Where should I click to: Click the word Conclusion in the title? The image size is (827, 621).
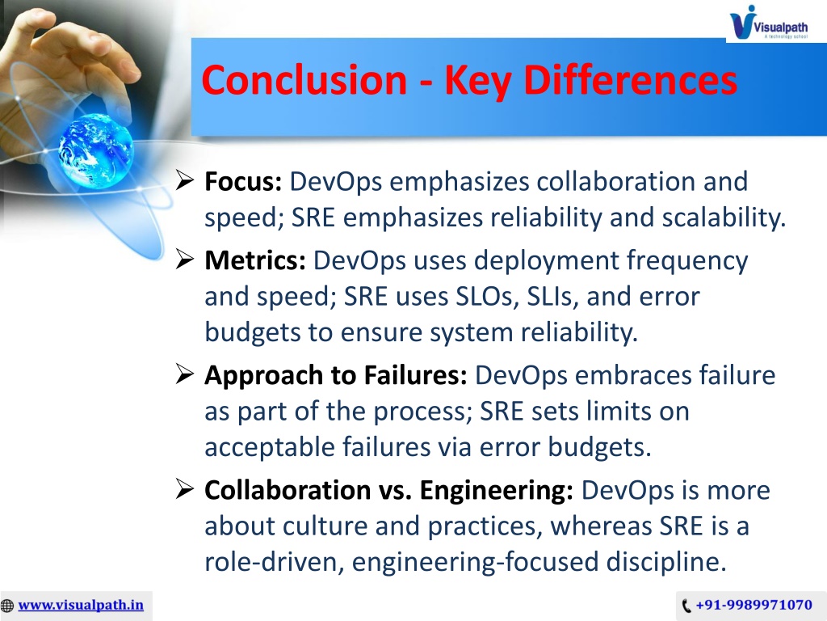tap(304, 80)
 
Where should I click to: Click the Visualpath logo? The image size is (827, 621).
tap(769, 23)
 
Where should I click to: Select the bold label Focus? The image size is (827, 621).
tap(243, 181)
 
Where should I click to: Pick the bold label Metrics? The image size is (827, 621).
tap(255, 260)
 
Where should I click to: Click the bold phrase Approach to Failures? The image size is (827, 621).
tap(336, 375)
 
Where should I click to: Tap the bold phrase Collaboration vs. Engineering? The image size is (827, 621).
tap(388, 490)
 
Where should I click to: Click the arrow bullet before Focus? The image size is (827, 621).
tap(185, 180)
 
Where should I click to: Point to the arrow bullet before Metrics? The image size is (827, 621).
tap(185, 260)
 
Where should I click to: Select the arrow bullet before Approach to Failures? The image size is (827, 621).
tap(185, 374)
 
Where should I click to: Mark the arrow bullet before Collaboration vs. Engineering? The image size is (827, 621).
tap(185, 489)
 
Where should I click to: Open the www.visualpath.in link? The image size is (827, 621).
tap(81, 605)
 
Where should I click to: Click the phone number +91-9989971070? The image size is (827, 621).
tap(754, 605)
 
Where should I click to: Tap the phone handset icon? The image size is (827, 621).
tap(686, 605)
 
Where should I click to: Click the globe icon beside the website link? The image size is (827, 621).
tap(7, 605)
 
